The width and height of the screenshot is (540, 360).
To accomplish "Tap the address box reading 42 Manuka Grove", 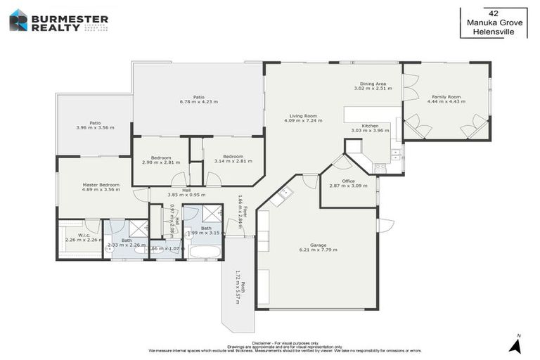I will tap(493, 22).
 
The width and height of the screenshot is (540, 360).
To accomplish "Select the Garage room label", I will tap(318, 245).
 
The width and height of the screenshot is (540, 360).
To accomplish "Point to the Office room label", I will tap(348, 181).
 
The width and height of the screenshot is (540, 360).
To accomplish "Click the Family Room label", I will tap(446, 97).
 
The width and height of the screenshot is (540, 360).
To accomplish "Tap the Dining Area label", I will tap(371, 84).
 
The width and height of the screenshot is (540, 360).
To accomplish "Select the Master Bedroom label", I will tap(101, 184).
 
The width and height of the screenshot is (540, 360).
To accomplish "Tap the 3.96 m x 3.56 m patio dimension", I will tap(95, 128).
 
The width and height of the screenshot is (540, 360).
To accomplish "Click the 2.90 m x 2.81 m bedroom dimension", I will tap(161, 162).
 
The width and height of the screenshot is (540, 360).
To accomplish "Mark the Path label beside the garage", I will tap(243, 285).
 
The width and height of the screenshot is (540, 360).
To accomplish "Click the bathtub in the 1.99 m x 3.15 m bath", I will tap(205, 251).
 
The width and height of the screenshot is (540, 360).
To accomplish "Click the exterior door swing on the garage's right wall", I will tap(385, 226).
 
